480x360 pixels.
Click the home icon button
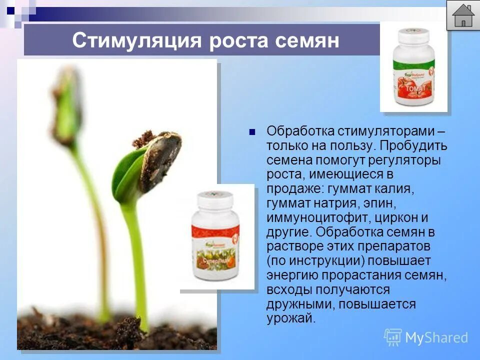coord(463,15)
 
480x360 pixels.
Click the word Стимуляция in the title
coord(136,40)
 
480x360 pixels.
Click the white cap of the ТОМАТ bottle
coord(413,36)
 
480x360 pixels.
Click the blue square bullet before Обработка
coord(252,132)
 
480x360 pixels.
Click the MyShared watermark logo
coord(426,337)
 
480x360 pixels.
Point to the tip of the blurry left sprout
coord(66,80)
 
